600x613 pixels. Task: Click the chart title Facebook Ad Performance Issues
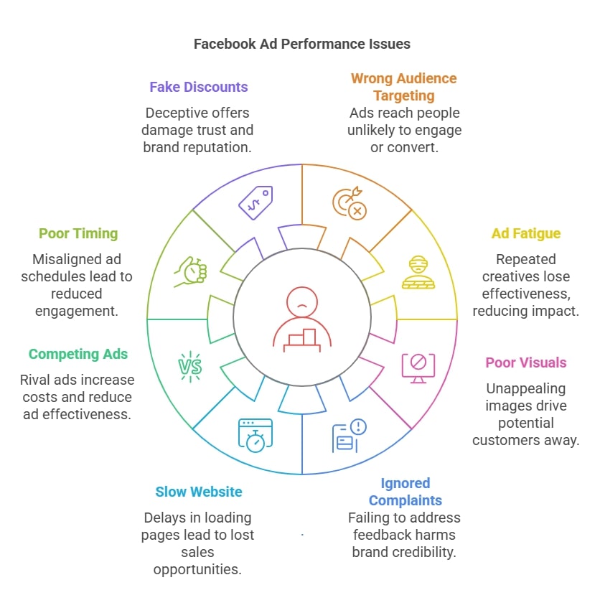coord(301,44)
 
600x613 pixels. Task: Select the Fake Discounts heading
coord(199,87)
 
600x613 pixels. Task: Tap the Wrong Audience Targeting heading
coord(404,87)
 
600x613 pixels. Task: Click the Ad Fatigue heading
coord(526,233)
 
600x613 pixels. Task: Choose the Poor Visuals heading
coord(526,362)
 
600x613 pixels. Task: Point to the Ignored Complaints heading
coord(406,492)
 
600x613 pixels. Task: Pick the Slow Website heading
coord(199,492)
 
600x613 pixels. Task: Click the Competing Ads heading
coord(78,354)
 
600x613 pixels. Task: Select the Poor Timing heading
coord(78,233)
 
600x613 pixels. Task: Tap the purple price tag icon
coord(256,202)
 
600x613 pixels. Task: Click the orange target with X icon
coord(350,203)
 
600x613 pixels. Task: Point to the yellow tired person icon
coord(418,273)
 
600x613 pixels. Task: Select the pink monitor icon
coord(418,368)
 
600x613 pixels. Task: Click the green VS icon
coord(190,367)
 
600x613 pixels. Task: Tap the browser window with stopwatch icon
coord(256,436)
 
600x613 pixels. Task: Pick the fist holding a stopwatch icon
coord(190,272)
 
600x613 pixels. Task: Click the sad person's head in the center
coord(301,301)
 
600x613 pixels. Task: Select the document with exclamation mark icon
coord(350,436)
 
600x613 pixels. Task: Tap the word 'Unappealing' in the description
coord(526,388)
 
